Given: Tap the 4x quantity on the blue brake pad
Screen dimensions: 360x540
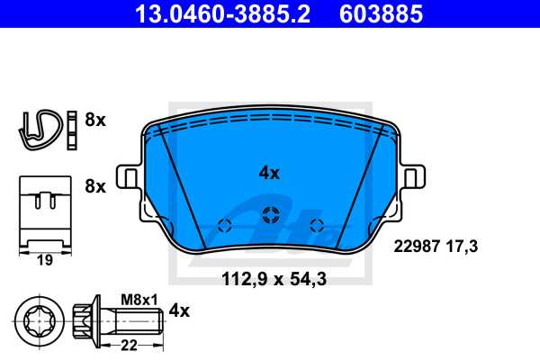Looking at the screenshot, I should tap(269, 173).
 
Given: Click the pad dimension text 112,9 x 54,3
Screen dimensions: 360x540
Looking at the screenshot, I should tap(274, 280).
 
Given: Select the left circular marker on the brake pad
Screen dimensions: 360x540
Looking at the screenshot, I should tap(226, 225).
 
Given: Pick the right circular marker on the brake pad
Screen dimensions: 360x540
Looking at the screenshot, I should tap(315, 225).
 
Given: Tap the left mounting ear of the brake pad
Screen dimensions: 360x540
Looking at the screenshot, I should tap(127, 177).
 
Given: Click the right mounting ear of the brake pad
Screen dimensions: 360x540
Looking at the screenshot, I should tap(413, 177).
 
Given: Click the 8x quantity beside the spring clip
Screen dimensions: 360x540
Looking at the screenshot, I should tap(94, 120).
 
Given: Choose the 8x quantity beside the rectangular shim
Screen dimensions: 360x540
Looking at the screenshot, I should tap(94, 187).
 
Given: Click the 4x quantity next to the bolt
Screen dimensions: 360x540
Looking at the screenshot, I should tap(180, 311).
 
